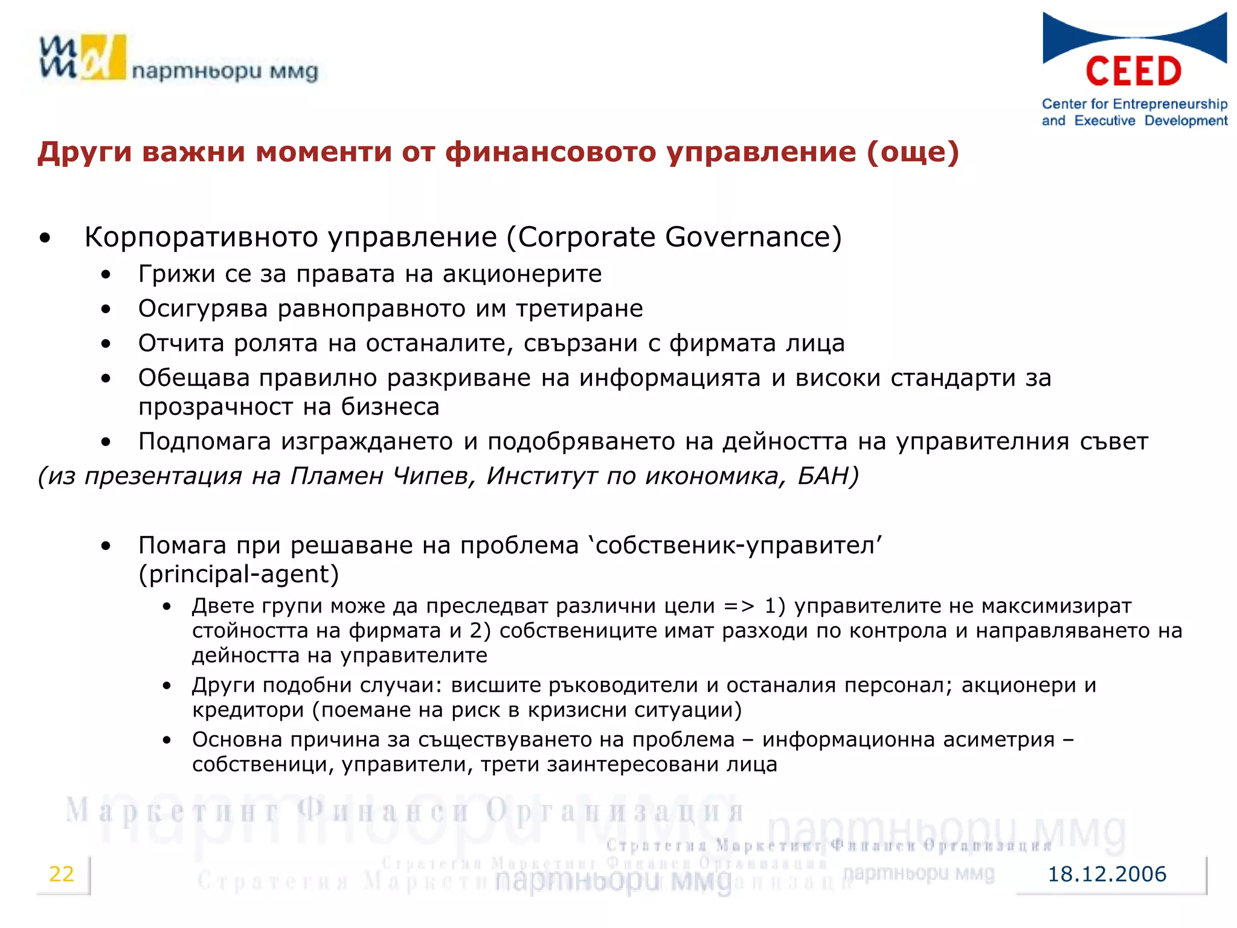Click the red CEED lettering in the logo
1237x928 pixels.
tap(1133, 72)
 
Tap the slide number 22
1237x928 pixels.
tap(61, 874)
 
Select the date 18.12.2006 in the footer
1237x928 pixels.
tap(1107, 874)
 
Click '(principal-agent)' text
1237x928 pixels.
tap(239, 574)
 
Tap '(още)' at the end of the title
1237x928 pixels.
tap(913, 152)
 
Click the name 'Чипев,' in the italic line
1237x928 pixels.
tap(434, 476)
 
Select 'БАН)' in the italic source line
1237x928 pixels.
tap(827, 476)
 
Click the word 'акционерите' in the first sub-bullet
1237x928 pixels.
tap(522, 274)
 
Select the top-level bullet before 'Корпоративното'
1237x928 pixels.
tap(45, 238)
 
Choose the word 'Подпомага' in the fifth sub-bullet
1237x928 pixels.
tap(204, 442)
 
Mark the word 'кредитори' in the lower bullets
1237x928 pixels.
tap(248, 710)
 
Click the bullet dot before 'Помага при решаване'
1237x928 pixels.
tap(106, 546)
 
